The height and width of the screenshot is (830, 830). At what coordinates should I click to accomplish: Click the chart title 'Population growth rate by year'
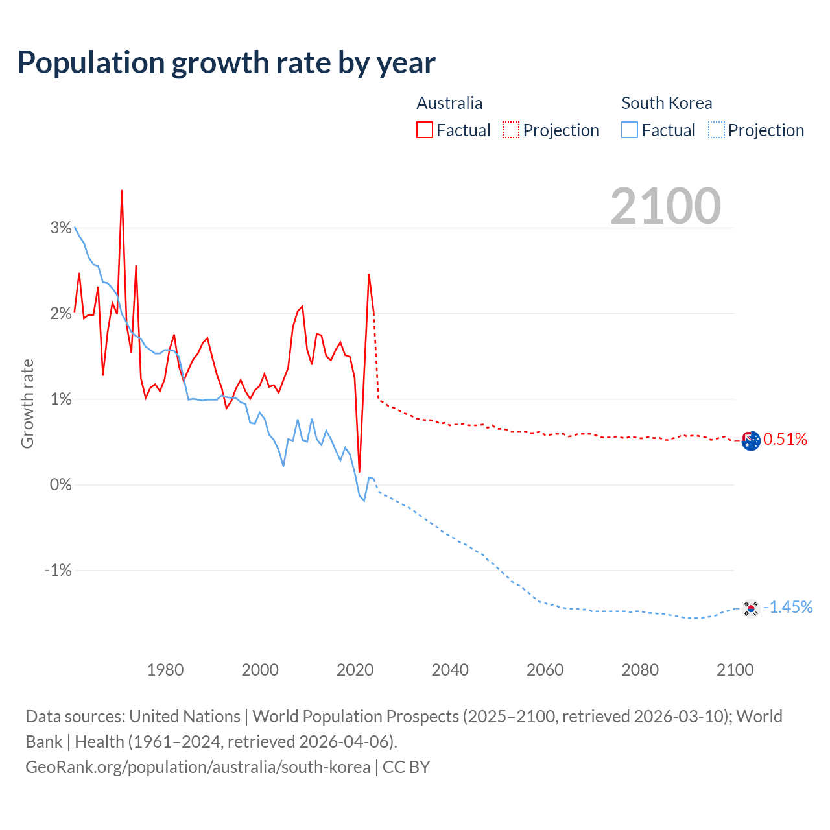click(226, 63)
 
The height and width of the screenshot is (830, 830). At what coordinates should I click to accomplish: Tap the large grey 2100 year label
click(665, 206)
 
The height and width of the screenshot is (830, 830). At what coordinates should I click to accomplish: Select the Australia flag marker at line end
click(750, 440)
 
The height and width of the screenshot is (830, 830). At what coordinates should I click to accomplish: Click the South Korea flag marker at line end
click(750, 608)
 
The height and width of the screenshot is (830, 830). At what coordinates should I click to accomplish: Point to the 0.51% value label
click(785, 440)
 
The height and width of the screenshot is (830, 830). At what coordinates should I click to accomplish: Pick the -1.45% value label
click(788, 607)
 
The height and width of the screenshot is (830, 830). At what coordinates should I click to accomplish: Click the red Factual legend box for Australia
click(425, 130)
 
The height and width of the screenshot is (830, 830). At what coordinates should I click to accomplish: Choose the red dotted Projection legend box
click(511, 130)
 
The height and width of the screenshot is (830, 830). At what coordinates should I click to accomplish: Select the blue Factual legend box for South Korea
click(630, 130)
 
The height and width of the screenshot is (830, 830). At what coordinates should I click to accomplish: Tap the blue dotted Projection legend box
click(717, 130)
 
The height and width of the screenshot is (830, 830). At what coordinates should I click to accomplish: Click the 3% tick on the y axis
click(61, 228)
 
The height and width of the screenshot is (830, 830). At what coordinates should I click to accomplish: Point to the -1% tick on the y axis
click(58, 571)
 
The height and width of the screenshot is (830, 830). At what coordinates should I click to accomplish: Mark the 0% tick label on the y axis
click(61, 485)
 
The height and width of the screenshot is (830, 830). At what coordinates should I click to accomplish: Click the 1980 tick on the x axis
click(165, 670)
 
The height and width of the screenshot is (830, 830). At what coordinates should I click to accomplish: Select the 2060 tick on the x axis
click(545, 670)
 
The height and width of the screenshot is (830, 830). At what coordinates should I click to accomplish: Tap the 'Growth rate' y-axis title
click(27, 403)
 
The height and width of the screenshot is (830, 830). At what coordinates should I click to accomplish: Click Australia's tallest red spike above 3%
click(122, 191)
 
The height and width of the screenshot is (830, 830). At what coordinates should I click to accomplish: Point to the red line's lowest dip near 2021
click(359, 471)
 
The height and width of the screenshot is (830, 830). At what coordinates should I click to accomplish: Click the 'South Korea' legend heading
click(667, 103)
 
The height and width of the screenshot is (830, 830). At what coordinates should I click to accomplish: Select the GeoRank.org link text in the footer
click(198, 767)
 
